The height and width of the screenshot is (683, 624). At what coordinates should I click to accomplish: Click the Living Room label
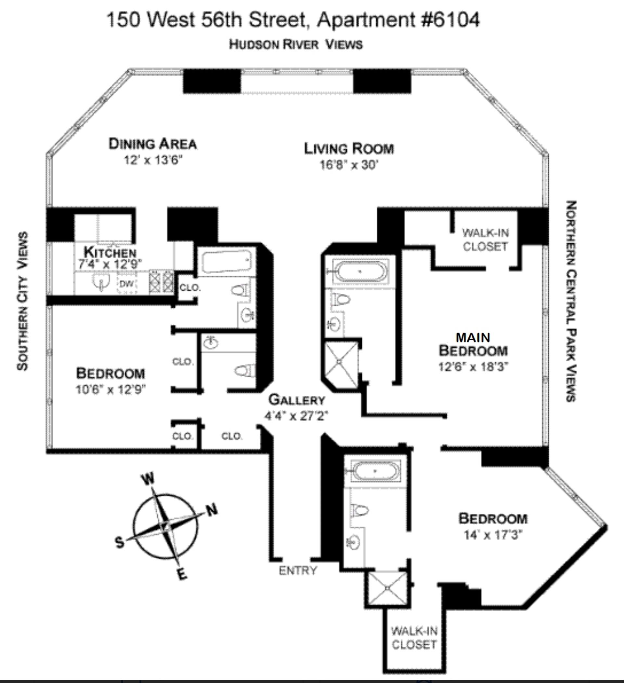[349, 149]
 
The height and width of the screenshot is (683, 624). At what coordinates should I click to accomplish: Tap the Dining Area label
[153, 144]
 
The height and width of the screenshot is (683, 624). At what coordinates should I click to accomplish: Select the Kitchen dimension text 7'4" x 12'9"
[110, 264]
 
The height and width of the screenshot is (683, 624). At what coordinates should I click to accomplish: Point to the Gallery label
[297, 400]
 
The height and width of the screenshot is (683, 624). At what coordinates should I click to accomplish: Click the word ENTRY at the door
[298, 571]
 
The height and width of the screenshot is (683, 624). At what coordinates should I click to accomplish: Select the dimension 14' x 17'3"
[493, 535]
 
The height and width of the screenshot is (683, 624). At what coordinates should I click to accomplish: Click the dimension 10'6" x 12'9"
[110, 390]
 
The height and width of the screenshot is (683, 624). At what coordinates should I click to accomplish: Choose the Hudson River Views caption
[296, 44]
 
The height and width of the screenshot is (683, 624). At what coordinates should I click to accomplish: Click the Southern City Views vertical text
[22, 301]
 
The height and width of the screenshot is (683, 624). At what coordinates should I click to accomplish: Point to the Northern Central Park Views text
[571, 301]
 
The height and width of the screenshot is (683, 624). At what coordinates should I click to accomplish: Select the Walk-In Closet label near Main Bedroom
[485, 240]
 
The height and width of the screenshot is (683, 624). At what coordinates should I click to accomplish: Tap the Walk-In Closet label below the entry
[414, 638]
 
